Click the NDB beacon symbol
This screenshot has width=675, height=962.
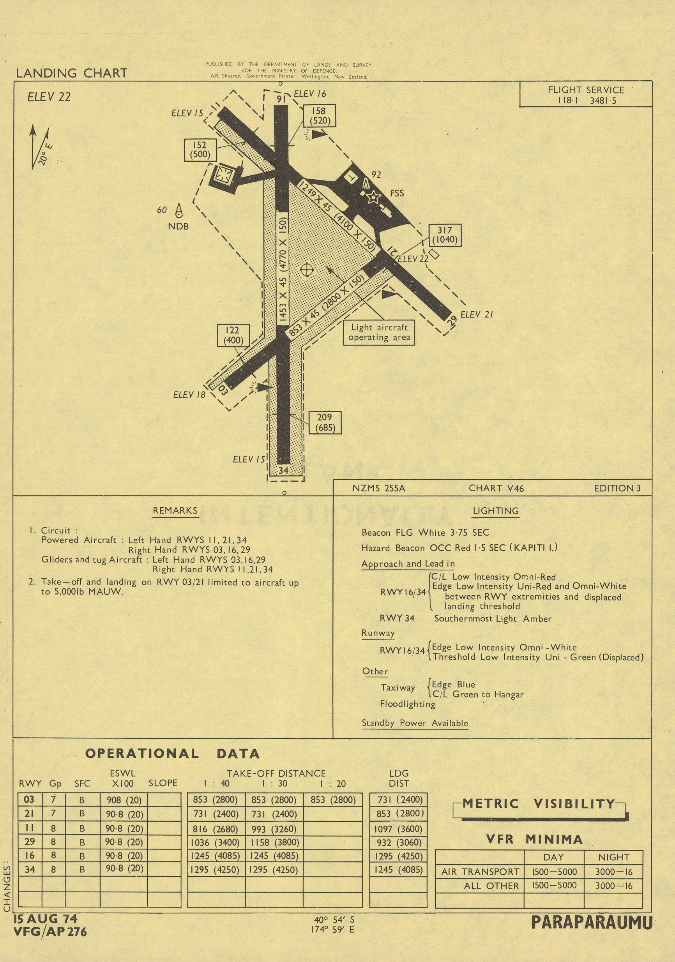[179, 211]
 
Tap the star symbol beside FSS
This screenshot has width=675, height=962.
[373, 196]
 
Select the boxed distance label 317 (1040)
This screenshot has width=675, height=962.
[445, 235]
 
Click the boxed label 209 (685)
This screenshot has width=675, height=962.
[325, 422]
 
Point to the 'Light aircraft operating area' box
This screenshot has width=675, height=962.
[379, 333]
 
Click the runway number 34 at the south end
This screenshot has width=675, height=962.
[283, 470]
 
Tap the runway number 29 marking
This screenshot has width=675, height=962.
[452, 321]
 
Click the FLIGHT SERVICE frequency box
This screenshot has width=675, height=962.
[586, 94]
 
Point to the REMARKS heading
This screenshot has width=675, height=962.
[175, 510]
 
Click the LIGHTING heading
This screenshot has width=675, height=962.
[496, 511]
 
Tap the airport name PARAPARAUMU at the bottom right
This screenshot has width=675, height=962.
[592, 922]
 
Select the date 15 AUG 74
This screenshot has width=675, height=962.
[46, 918]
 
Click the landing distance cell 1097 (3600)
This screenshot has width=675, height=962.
[398, 828]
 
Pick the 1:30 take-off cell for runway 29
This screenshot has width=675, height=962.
[274, 842]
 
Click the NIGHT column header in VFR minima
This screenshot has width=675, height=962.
[613, 857]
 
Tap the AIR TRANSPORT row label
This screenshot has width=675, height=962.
[480, 872]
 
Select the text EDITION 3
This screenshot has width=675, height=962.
[617, 488]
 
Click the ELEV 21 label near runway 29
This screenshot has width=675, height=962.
[476, 314]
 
